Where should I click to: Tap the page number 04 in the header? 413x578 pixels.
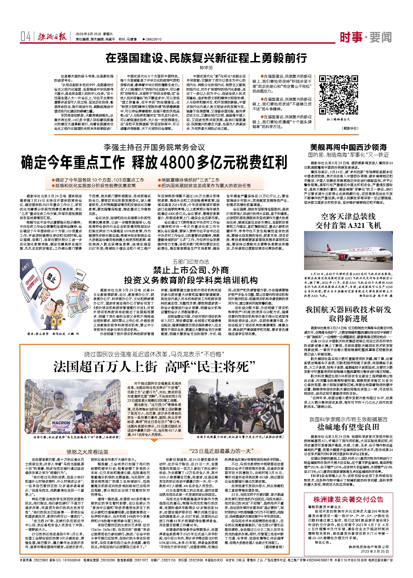[25, 37]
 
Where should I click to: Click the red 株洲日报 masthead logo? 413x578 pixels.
[52, 37]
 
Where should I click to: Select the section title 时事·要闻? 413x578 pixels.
[366, 37]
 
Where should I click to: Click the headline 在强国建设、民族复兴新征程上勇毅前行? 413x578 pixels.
[206, 58]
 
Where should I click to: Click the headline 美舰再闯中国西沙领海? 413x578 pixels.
[348, 147]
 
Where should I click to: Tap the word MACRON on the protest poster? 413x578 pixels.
[61, 423]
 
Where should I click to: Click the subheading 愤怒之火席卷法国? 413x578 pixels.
[87, 452]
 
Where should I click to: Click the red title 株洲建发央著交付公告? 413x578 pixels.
[348, 500]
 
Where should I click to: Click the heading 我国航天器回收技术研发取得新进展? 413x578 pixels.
[348, 314]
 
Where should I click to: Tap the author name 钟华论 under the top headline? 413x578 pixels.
[206, 68]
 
